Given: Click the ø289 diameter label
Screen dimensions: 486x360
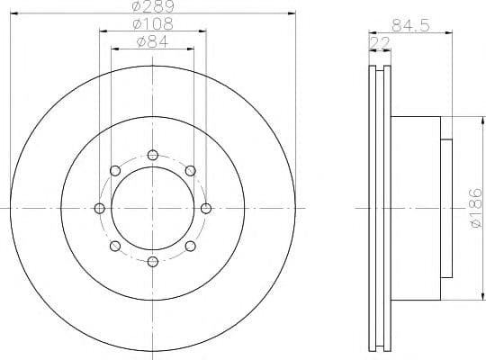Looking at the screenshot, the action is coord(153,5).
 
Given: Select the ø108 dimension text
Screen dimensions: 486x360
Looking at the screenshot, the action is coord(153,24).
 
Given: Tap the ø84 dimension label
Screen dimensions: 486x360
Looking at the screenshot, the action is coord(152,42).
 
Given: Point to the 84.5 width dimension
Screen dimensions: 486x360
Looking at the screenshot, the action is coord(410,25).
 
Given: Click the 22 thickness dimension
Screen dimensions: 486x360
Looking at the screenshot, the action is coord(380,43).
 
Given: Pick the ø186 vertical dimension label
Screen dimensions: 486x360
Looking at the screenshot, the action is coord(476,209).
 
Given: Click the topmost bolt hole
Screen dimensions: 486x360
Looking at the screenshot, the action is coord(153,155).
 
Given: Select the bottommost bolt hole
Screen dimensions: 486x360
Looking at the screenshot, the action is coord(153,262).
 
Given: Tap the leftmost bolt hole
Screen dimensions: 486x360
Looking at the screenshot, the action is coord(99,209).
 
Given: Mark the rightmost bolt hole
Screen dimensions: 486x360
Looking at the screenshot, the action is coord(206,209).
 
